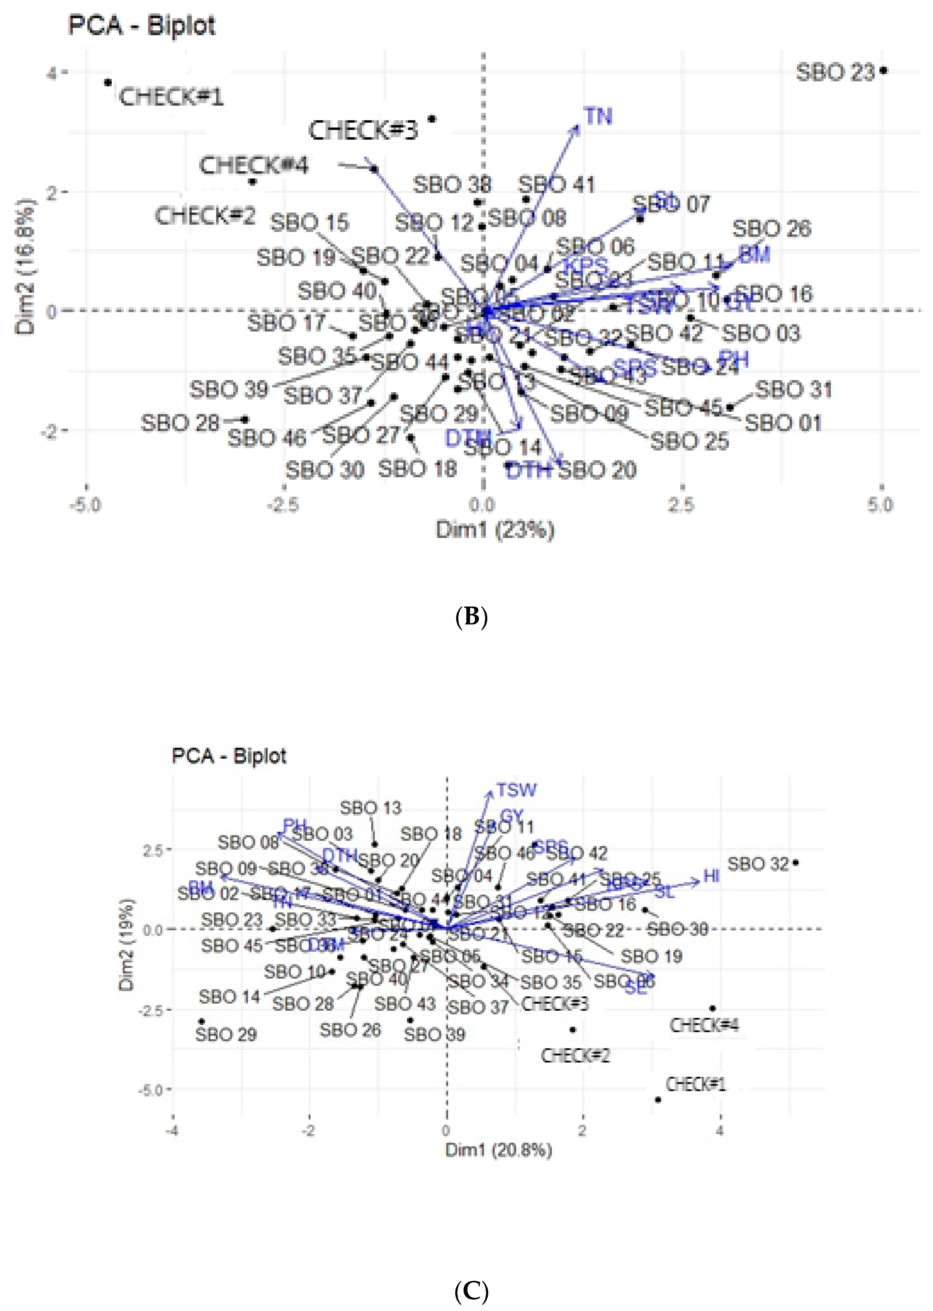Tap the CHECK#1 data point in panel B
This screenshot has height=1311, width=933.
pyautogui.click(x=108, y=83)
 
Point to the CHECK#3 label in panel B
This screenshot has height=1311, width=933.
pyautogui.click(x=363, y=130)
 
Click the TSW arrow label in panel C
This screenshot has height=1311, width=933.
pyautogui.click(x=517, y=790)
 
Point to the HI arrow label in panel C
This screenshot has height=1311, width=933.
pyautogui.click(x=711, y=876)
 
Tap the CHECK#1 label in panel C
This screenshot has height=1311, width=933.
pyautogui.click(x=696, y=1084)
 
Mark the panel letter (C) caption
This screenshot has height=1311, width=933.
pyautogui.click(x=471, y=1292)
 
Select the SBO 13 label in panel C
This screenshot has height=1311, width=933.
pyautogui.click(x=371, y=808)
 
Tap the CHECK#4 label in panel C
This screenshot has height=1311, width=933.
pyautogui.click(x=704, y=1025)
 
